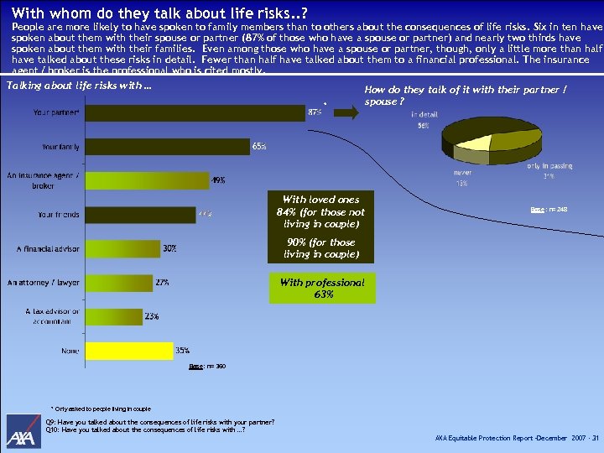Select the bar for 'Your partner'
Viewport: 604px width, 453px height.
click(x=194, y=112)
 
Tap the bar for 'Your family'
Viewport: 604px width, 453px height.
click(x=166, y=146)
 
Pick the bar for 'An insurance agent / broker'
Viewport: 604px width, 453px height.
click(x=146, y=180)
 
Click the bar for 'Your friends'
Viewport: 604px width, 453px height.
click(x=138, y=215)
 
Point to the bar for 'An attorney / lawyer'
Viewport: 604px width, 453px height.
click(x=118, y=283)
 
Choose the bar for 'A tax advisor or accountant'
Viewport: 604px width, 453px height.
click(x=113, y=316)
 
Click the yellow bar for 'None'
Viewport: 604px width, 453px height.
click(x=127, y=350)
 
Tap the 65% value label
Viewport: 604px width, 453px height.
click(x=259, y=147)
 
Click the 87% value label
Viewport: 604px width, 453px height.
click(x=315, y=112)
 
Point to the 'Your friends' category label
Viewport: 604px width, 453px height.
click(x=59, y=215)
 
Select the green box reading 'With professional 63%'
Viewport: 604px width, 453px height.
click(x=321, y=289)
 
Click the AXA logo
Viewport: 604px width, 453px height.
click(x=23, y=432)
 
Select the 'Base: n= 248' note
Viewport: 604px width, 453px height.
click(x=549, y=210)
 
